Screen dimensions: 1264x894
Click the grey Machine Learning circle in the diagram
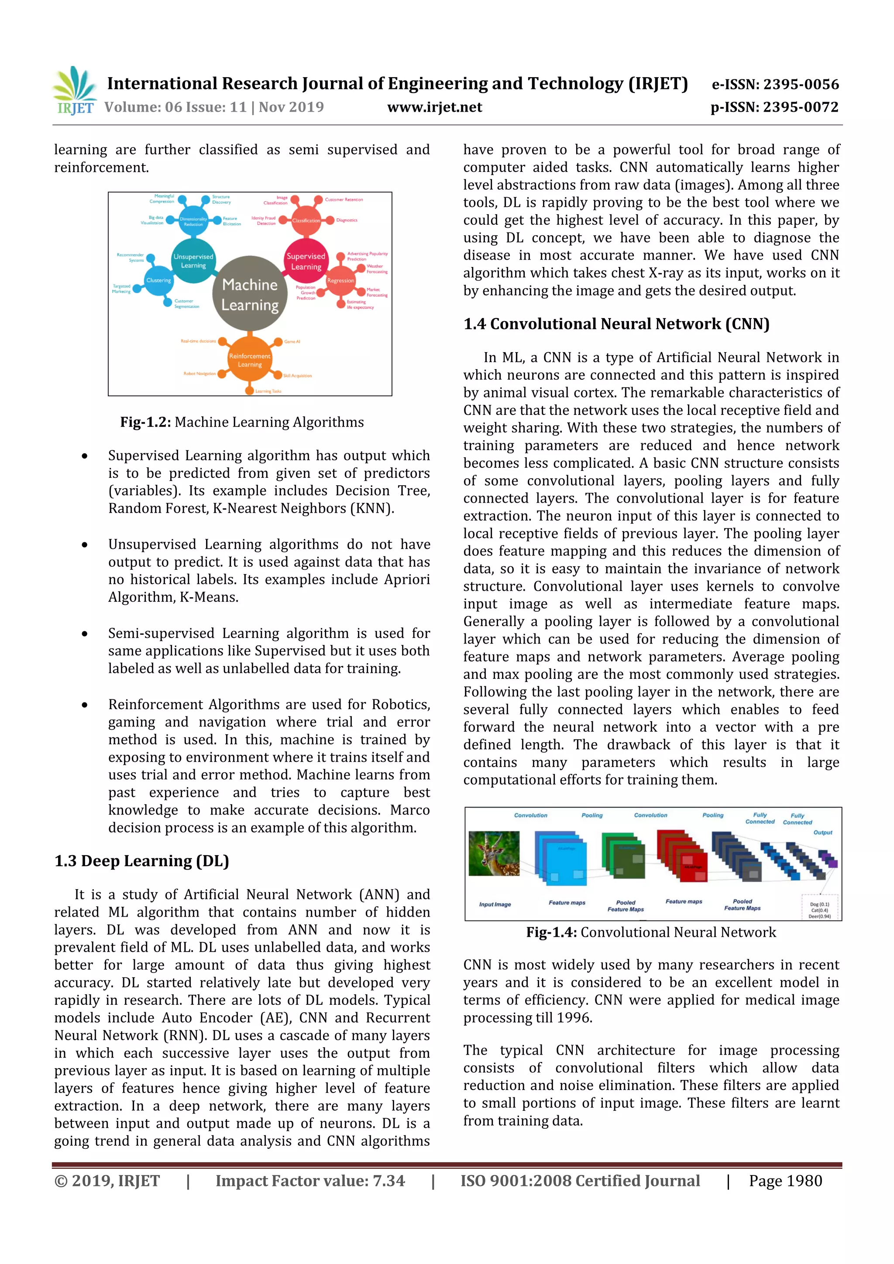click(x=250, y=294)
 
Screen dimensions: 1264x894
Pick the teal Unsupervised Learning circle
click(x=193, y=261)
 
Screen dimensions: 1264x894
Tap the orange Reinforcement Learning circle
click(x=250, y=360)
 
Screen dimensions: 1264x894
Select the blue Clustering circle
click(x=158, y=280)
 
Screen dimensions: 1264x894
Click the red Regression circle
click(x=340, y=281)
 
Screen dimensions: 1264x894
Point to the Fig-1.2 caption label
click(x=145, y=422)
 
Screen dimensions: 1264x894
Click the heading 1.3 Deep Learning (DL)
click(x=141, y=860)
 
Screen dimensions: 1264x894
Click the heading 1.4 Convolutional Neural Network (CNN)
click(x=616, y=324)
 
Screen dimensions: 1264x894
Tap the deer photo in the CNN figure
click(x=494, y=853)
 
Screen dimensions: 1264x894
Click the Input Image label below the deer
click(x=495, y=904)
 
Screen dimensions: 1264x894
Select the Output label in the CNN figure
click(x=822, y=832)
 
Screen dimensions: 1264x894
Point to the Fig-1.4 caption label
click(x=551, y=932)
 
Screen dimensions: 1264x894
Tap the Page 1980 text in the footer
click(x=785, y=1181)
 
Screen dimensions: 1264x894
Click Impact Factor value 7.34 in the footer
click(x=309, y=1181)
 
